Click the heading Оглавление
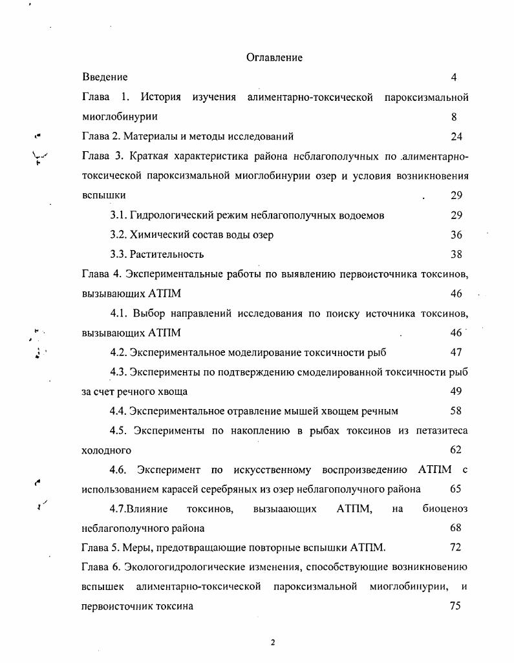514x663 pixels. coord(274,58)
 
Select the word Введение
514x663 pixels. coord(105,78)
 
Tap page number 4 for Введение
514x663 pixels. coord(454,78)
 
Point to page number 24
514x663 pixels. coord(456,136)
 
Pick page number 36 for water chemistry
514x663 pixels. coord(456,235)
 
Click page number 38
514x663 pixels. coord(456,255)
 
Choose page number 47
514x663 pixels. coord(456,352)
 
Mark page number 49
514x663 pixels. coord(456,392)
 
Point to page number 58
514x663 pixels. coord(456,411)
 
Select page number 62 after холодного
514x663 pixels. coord(456,450)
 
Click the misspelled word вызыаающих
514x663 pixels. coord(285,509)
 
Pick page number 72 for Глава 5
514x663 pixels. coord(455,548)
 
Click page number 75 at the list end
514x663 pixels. coord(455,606)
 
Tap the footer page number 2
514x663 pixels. coord(273,642)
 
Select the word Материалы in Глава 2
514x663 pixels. coord(158,136)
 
